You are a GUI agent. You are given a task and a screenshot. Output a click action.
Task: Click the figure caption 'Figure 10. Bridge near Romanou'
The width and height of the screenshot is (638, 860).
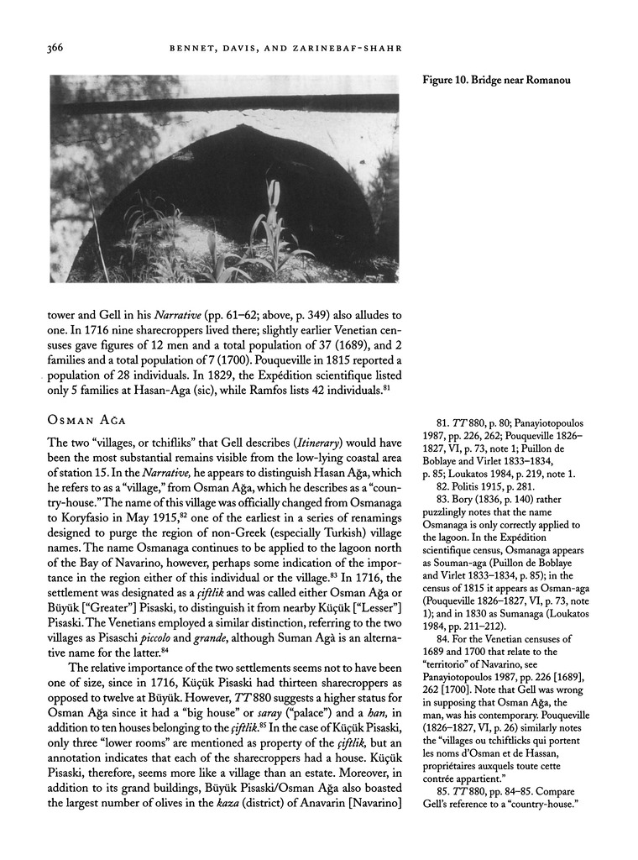pos(491,81)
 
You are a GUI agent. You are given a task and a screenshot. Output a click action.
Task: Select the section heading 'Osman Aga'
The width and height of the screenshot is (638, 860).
pos(85,418)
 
